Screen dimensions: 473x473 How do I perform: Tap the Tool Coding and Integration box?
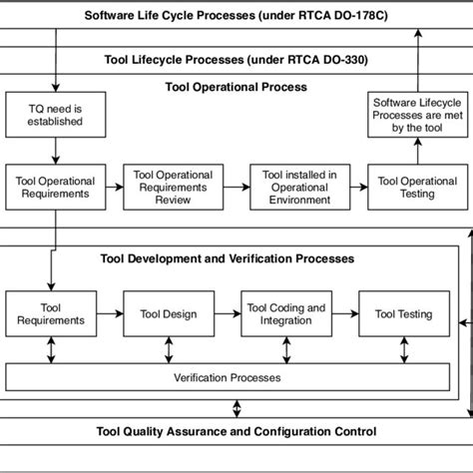285,314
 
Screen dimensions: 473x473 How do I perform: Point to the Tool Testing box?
403,314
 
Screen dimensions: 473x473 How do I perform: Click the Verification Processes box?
228,378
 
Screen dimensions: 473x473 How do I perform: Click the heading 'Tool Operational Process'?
236,87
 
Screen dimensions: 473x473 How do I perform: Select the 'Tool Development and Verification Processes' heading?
227,258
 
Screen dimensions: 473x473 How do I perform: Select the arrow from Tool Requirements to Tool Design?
109,314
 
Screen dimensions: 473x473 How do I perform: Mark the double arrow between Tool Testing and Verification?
403,350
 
